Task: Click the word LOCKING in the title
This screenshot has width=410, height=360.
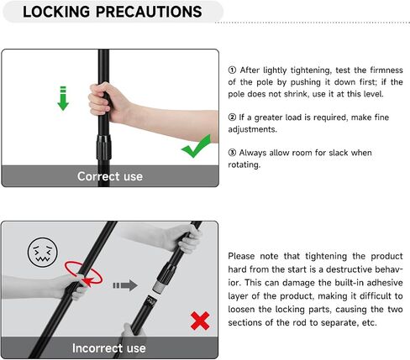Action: [56, 12]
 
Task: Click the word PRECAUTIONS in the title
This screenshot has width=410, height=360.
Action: [149, 12]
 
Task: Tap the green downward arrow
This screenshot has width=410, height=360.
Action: [63, 98]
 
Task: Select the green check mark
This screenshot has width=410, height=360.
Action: [197, 146]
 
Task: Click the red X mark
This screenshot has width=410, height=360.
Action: [200, 321]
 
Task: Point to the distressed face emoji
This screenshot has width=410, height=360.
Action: [42, 253]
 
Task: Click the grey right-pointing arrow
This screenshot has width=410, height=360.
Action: [125, 285]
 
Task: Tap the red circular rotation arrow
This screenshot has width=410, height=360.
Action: [84, 274]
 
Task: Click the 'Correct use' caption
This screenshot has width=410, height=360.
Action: [110, 176]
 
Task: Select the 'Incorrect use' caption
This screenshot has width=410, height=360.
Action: [109, 348]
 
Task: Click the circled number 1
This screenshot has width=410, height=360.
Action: [232, 70]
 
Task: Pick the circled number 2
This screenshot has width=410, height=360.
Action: [232, 117]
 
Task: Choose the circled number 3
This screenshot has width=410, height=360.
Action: [232, 153]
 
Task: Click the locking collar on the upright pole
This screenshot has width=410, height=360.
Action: [104, 148]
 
